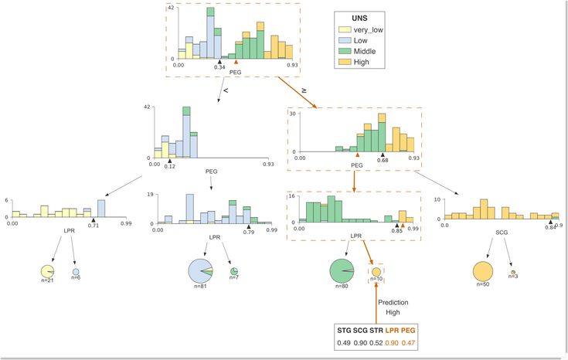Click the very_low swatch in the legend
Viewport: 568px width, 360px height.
[x=345, y=29]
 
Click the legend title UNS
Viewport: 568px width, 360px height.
[x=359, y=18]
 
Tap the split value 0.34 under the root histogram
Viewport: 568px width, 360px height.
[x=219, y=67]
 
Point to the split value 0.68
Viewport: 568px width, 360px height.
[x=383, y=160]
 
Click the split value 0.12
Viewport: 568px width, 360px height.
[x=169, y=166]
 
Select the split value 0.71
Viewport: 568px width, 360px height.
[x=94, y=226]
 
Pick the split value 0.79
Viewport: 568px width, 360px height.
[x=249, y=232]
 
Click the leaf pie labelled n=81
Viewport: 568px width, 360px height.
[x=200, y=271]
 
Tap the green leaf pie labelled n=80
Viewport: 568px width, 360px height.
[x=342, y=271]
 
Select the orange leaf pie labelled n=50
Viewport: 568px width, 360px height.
[x=483, y=271]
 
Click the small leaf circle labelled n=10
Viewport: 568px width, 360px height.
[x=376, y=272]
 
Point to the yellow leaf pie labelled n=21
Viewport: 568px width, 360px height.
[x=47, y=271]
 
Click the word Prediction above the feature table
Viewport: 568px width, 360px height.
[x=393, y=302]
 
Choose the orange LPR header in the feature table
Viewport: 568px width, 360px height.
[x=392, y=331]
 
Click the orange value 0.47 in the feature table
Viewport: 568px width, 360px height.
[x=408, y=342]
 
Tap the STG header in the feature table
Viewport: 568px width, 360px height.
[x=344, y=331]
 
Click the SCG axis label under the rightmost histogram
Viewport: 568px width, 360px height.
[x=502, y=233]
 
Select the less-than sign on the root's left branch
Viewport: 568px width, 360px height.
[x=226, y=90]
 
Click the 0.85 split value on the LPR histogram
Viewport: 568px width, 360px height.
[x=397, y=231]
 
